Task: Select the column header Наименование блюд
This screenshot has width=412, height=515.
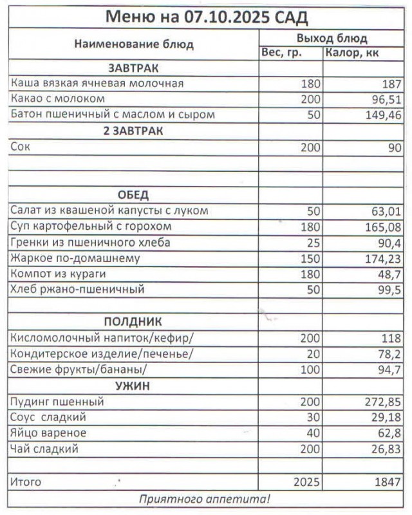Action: (x=134, y=44)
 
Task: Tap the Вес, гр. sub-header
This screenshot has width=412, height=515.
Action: (x=281, y=53)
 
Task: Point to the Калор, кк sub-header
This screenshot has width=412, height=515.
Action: (x=352, y=53)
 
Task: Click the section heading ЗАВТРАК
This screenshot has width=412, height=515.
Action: (x=133, y=68)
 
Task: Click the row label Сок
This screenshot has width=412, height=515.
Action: (x=20, y=147)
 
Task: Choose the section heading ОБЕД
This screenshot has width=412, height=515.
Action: (x=133, y=195)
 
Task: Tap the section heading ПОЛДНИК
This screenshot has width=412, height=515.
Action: (x=133, y=321)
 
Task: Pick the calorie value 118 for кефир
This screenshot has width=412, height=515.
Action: (x=388, y=338)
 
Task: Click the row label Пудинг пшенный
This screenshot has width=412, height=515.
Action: (x=58, y=402)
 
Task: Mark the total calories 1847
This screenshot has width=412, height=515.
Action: (x=386, y=482)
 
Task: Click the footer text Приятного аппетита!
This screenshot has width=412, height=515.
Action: (x=205, y=498)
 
